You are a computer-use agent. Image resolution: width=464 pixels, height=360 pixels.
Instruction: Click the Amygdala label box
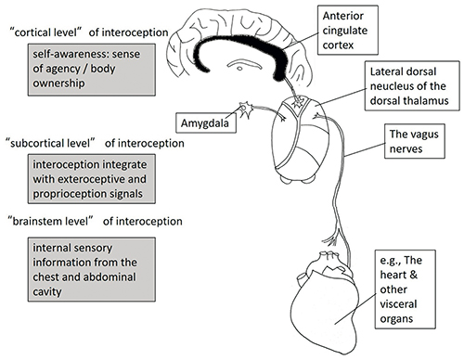pyautogui.click(x=206, y=123)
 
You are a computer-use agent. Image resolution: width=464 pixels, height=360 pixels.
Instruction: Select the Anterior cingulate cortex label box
pyautogui.click(x=348, y=30)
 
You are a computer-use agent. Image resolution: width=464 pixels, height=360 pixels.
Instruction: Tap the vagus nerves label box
pyautogui.click(x=415, y=141)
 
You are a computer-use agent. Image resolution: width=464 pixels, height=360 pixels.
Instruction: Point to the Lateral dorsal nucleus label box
pyautogui.click(x=412, y=85)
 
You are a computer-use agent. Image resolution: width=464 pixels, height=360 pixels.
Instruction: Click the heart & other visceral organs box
pyautogui.click(x=406, y=289)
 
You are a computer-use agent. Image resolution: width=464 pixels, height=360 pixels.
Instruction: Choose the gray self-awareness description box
pyautogui.click(x=92, y=70)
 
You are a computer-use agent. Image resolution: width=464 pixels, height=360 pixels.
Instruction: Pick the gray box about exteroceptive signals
pyautogui.click(x=92, y=179)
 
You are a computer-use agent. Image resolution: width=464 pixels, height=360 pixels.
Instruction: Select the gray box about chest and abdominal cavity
pyautogui.click(x=92, y=269)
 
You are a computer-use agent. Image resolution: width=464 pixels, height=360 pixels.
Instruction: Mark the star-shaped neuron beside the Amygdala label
pyautogui.click(x=246, y=109)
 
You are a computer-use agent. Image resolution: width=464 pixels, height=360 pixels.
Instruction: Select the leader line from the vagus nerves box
pyautogui.click(x=365, y=149)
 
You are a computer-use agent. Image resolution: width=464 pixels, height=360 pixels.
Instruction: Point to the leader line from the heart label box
pyautogui.click(x=355, y=309)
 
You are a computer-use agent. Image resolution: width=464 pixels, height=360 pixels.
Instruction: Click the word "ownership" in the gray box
pyautogui.click(x=58, y=84)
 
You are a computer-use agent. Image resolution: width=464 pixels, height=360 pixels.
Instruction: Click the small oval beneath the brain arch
pyautogui.click(x=239, y=69)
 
